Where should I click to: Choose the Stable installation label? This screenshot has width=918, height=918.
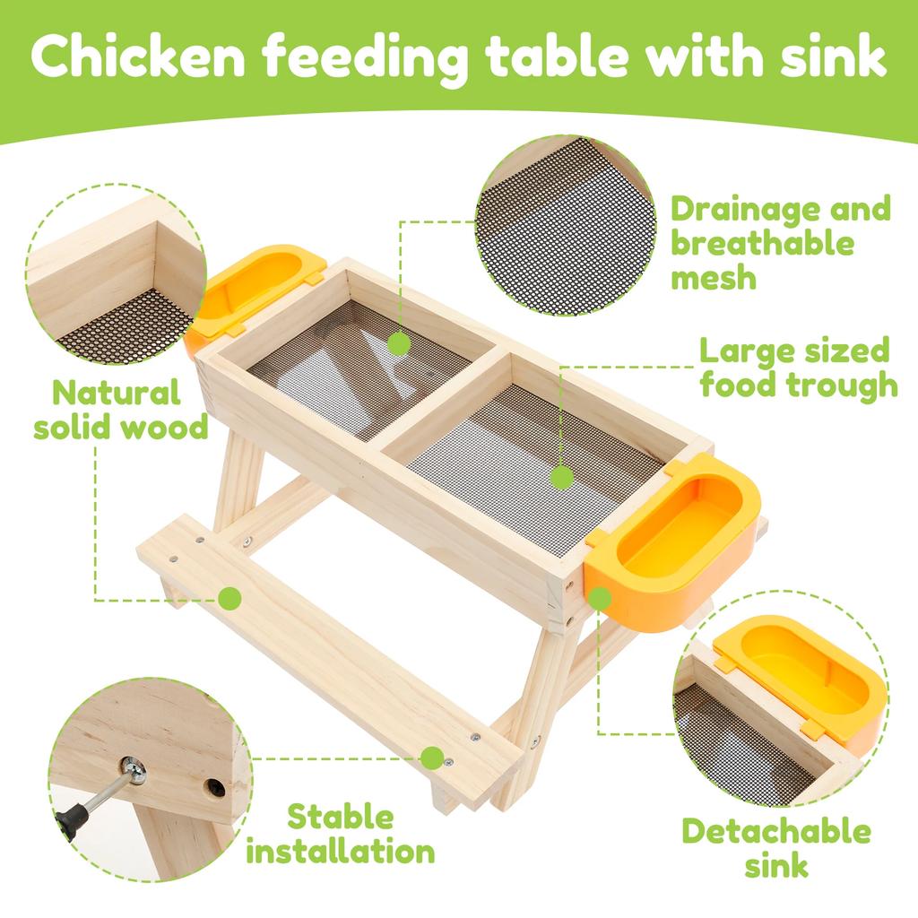click(x=340, y=834)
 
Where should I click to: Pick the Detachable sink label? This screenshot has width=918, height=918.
click(x=775, y=847)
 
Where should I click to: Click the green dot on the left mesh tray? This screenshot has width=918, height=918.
click(x=399, y=342)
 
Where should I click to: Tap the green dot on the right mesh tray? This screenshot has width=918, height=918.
click(x=562, y=476)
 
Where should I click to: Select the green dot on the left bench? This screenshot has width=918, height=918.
click(x=230, y=597)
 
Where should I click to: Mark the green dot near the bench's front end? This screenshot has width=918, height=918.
click(x=432, y=758)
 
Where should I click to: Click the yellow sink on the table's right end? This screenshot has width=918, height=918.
click(x=677, y=538)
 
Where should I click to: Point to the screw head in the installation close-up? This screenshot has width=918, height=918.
click(x=135, y=768)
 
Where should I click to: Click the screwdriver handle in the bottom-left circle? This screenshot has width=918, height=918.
click(x=72, y=820)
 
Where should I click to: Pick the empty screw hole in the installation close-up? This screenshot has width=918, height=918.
click(x=214, y=789)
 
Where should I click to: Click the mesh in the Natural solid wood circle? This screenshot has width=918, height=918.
click(x=126, y=327)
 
